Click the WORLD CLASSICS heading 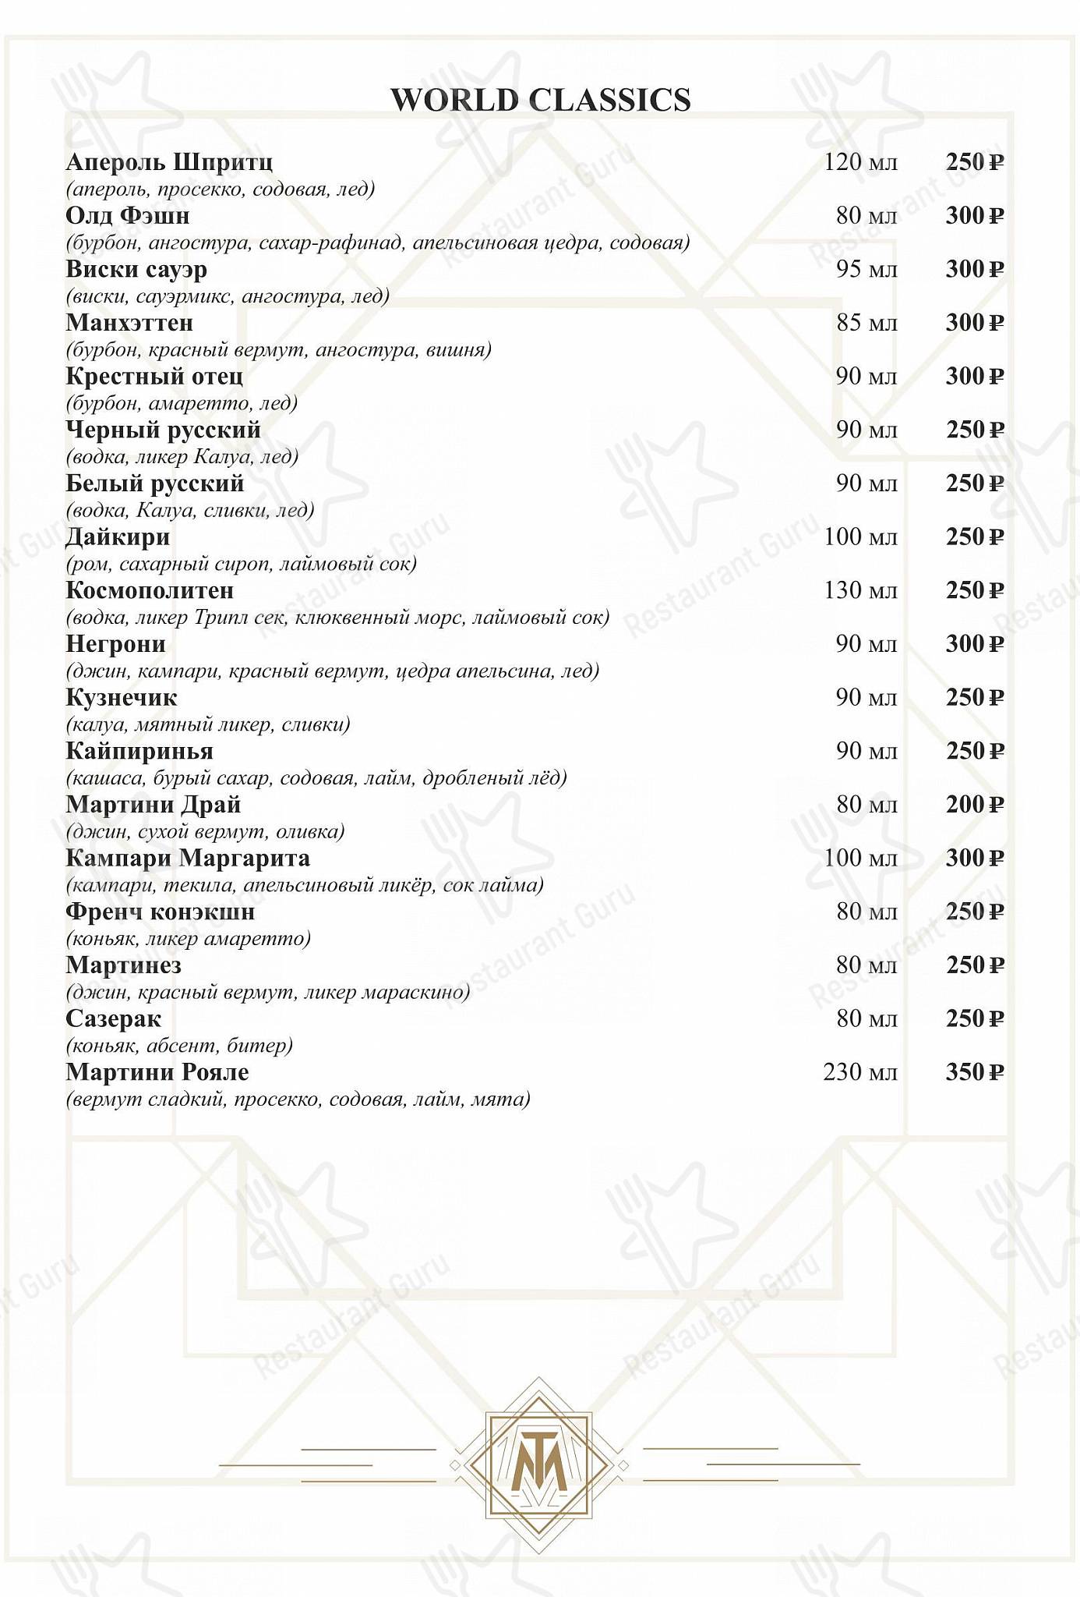[540, 101]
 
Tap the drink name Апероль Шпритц [169, 162]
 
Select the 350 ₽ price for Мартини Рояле [974, 1072]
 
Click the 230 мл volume [860, 1072]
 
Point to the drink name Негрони [115, 644]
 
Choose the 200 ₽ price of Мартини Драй [974, 805]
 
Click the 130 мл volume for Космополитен [860, 590]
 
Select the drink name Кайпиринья [139, 751]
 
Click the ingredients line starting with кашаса [316, 778]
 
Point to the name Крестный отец [154, 377]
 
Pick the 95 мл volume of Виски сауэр [866, 269]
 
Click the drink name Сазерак [113, 1019]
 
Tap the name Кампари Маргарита [188, 859]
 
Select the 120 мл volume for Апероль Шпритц [860, 162]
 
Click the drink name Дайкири [118, 537]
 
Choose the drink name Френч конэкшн [161, 912]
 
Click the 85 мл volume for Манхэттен [866, 323]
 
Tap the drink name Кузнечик [122, 698]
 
